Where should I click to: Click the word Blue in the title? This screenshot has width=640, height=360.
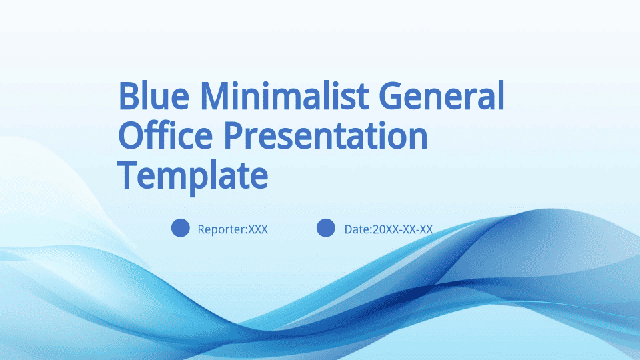[x=154, y=95]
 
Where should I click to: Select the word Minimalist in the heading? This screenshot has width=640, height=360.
[x=284, y=95]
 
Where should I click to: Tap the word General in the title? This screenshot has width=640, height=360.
[x=441, y=95]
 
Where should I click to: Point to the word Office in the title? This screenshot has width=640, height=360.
[x=165, y=135]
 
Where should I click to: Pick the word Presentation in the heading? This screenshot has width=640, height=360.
[x=325, y=135]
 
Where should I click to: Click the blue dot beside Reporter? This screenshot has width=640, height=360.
[x=181, y=228]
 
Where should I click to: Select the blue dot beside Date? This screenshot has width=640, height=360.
[x=326, y=228]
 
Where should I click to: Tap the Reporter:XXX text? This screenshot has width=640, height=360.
[x=233, y=229]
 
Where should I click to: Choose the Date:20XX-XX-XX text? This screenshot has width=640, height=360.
[x=389, y=229]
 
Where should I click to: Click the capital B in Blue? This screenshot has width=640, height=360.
[x=128, y=95]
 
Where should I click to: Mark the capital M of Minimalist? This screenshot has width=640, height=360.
[x=216, y=95]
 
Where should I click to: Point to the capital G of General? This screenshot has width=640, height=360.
[x=391, y=95]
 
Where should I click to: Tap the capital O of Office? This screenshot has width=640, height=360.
[x=131, y=135]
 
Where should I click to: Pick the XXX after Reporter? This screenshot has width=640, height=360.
[x=258, y=229]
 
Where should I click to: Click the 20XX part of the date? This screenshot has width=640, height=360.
[x=385, y=229]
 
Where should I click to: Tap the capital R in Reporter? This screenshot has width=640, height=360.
[x=201, y=229]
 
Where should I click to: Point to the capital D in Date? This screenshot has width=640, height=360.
[x=349, y=229]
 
